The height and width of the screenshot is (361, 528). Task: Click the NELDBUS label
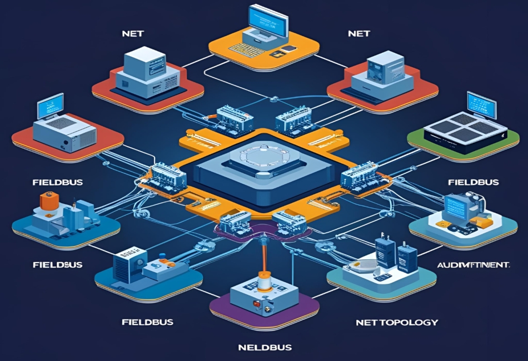coord(264,348)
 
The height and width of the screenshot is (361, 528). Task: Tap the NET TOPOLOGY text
coord(396,322)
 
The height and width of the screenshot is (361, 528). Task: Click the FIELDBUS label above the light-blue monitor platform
coord(473,182)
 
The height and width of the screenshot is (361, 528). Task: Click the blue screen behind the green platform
coord(481,104)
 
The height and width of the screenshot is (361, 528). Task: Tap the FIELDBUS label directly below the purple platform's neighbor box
coord(147,322)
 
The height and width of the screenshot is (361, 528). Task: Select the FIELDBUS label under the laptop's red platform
coord(51,182)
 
